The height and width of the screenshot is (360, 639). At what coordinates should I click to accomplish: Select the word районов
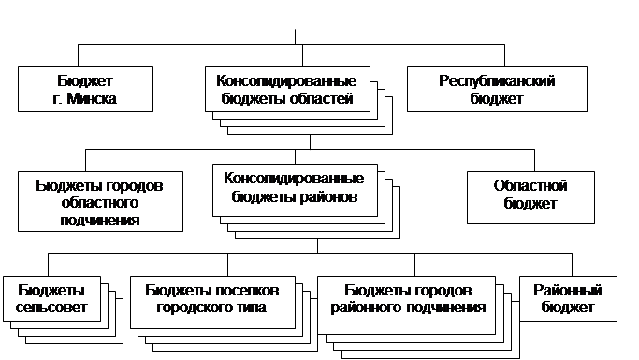[327, 198]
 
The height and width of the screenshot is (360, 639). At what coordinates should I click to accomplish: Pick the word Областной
[530, 185]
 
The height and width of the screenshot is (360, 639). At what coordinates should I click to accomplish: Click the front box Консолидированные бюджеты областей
[284, 89]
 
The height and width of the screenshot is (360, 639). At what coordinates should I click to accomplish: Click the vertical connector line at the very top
[296, 36]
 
